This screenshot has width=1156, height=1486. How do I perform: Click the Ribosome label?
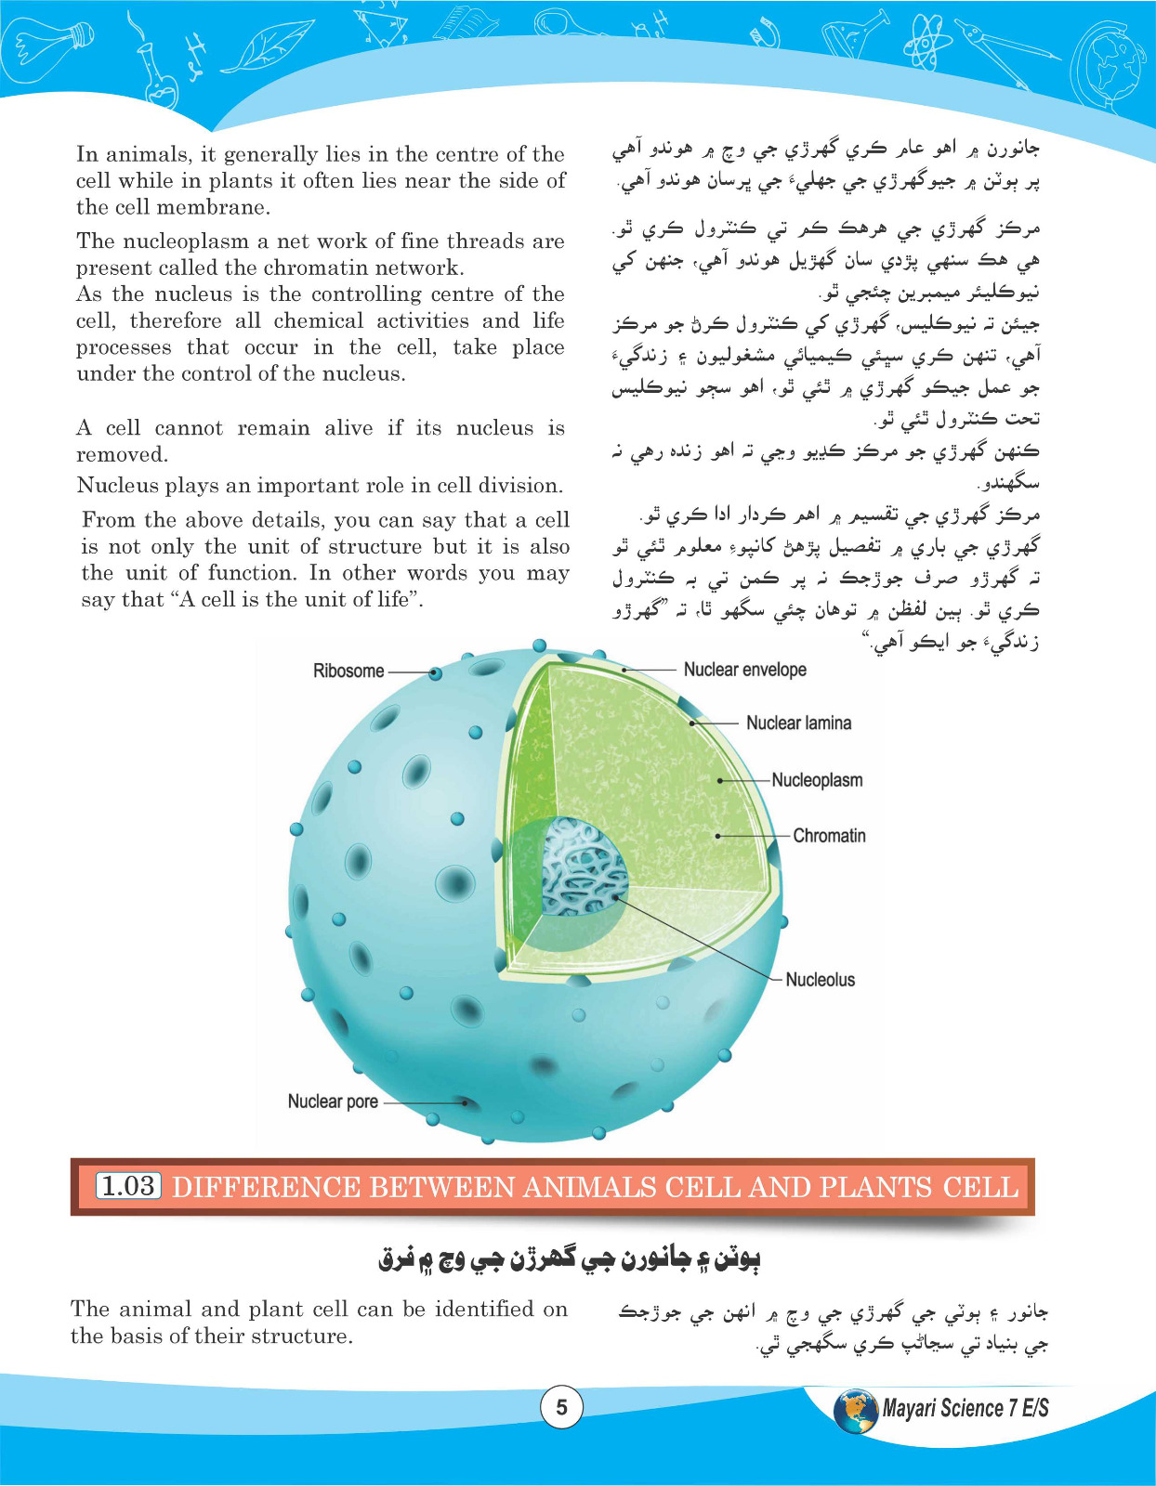tap(348, 671)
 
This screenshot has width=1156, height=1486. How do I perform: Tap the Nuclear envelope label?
tap(744, 670)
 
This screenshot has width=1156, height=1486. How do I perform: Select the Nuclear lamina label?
tap(798, 723)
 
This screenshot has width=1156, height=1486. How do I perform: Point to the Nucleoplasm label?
tap(817, 780)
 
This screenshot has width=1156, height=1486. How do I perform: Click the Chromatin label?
tap(829, 836)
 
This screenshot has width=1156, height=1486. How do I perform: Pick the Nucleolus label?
tap(820, 980)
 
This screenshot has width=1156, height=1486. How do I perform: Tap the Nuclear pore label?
tap(333, 1101)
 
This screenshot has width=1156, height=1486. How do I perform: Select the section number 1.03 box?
tap(128, 1186)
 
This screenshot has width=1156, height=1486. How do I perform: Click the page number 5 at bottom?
tap(561, 1408)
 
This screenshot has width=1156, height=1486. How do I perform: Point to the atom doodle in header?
tap(926, 42)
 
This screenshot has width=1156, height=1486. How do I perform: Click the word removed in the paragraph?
tap(122, 455)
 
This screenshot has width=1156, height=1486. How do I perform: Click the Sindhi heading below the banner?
tap(569, 1260)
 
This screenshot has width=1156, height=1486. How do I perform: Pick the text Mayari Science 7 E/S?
tap(966, 1409)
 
